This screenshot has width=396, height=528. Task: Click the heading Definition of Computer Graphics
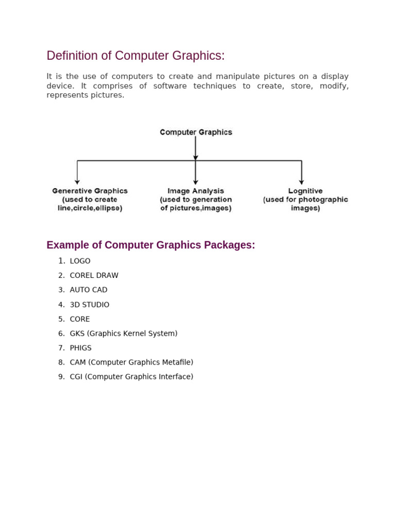pyautogui.click(x=136, y=56)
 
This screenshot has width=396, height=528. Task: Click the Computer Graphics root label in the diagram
pyautogui.click(x=196, y=132)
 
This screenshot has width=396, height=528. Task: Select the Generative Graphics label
pyautogui.click(x=90, y=191)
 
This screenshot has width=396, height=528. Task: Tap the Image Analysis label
pyautogui.click(x=195, y=191)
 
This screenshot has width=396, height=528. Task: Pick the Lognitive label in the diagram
pyautogui.click(x=305, y=191)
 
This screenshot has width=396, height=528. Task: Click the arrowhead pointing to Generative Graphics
pyautogui.click(x=77, y=181)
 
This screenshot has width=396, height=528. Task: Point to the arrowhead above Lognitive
pyautogui.click(x=302, y=181)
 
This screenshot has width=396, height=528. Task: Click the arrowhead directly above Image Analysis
pyautogui.click(x=195, y=181)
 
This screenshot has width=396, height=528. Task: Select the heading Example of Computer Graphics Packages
pyautogui.click(x=151, y=245)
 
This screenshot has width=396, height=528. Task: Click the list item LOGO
pyautogui.click(x=80, y=261)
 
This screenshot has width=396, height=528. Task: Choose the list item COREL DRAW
pyautogui.click(x=94, y=275)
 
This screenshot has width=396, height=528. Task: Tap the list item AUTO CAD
pyautogui.click(x=89, y=290)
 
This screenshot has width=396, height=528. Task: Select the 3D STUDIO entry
pyautogui.click(x=90, y=305)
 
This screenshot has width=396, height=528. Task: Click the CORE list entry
pyautogui.click(x=80, y=319)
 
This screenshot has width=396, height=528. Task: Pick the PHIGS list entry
pyautogui.click(x=80, y=348)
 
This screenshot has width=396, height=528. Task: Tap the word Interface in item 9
pyautogui.click(x=176, y=377)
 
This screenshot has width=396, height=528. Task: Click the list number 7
pyautogui.click(x=61, y=348)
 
